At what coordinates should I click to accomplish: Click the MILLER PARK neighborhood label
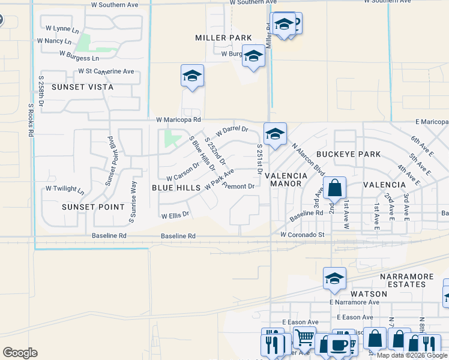click(x=223, y=38)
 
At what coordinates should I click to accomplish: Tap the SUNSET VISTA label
click(x=82, y=87)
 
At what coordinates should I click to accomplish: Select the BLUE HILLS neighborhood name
click(x=176, y=188)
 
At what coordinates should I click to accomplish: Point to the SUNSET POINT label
click(x=93, y=207)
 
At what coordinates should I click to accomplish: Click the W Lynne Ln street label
click(x=58, y=29)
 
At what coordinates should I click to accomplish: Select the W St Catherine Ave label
click(x=106, y=71)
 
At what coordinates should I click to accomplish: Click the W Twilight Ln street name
click(x=65, y=189)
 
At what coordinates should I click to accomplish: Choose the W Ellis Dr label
click(x=175, y=214)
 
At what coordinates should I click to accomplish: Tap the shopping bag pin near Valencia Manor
click(x=335, y=187)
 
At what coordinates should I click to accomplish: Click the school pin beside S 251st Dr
click(x=275, y=134)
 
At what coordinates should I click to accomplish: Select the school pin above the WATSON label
click(x=334, y=278)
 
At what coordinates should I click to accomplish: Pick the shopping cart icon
click(x=304, y=337)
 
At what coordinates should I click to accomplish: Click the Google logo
click(x=20, y=353)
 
